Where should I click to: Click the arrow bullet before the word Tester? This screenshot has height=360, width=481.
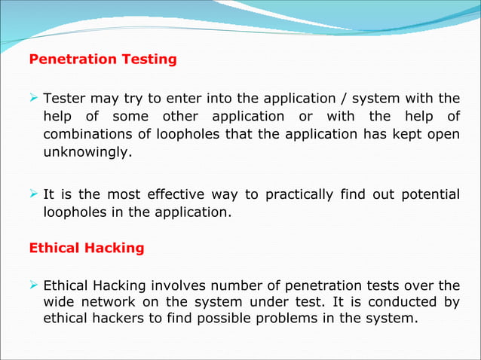pos(34,98)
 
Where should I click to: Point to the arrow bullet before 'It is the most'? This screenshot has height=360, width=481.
pos(34,194)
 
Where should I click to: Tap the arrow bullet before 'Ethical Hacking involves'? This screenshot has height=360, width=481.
pos(34,285)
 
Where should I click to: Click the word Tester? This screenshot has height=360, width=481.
pos(66,99)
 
